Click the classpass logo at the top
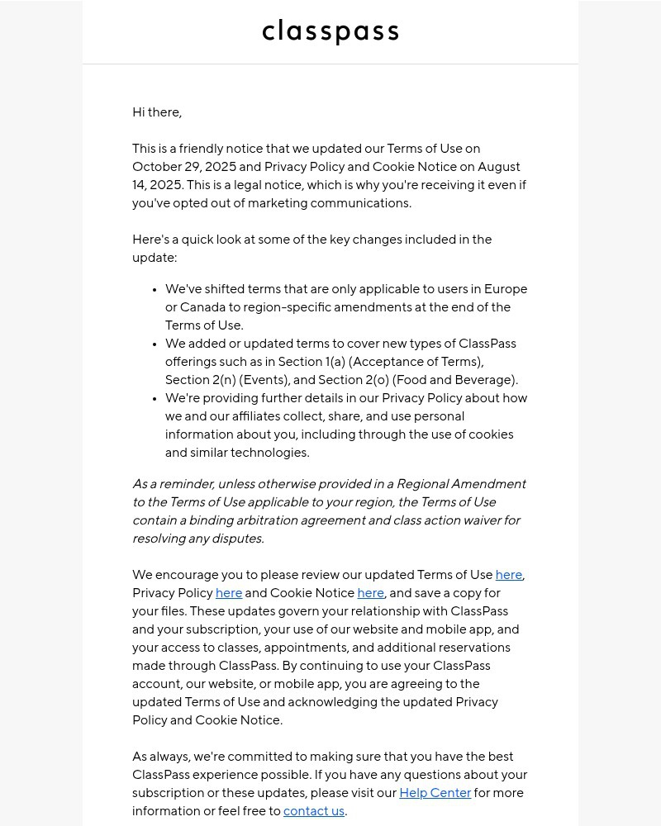(x=330, y=32)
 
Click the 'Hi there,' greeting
(x=157, y=112)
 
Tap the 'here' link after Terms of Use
(x=508, y=575)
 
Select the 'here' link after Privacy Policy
(x=229, y=593)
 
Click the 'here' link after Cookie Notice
(x=370, y=593)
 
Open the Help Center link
(x=435, y=793)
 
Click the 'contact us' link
(x=314, y=811)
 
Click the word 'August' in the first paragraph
(x=499, y=167)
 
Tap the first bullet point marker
(x=155, y=290)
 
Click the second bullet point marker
(x=155, y=344)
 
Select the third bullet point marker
(x=155, y=399)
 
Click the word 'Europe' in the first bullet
(x=505, y=289)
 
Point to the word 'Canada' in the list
(x=202, y=307)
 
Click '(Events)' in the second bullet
(x=263, y=380)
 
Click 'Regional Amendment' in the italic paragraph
(x=461, y=484)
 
